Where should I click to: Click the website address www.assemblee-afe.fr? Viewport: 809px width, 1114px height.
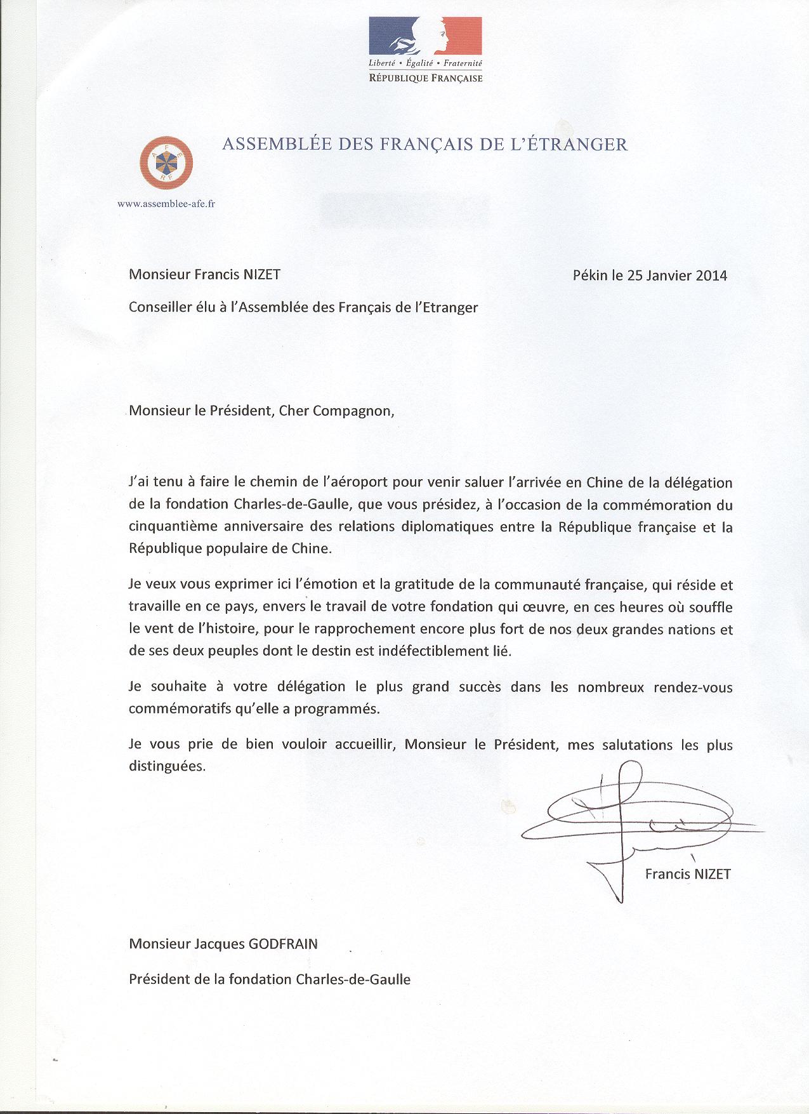pyautogui.click(x=166, y=204)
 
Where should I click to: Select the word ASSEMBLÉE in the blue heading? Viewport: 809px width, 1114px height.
pyautogui.click(x=267, y=145)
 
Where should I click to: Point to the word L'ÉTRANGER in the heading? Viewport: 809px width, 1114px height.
pyautogui.click(x=575, y=145)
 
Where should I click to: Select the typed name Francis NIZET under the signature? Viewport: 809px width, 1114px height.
pyautogui.click(x=688, y=874)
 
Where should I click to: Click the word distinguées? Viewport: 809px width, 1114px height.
pyautogui.click(x=168, y=766)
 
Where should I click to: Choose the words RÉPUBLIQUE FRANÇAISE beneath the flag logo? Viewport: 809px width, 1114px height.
pyautogui.click(x=426, y=79)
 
